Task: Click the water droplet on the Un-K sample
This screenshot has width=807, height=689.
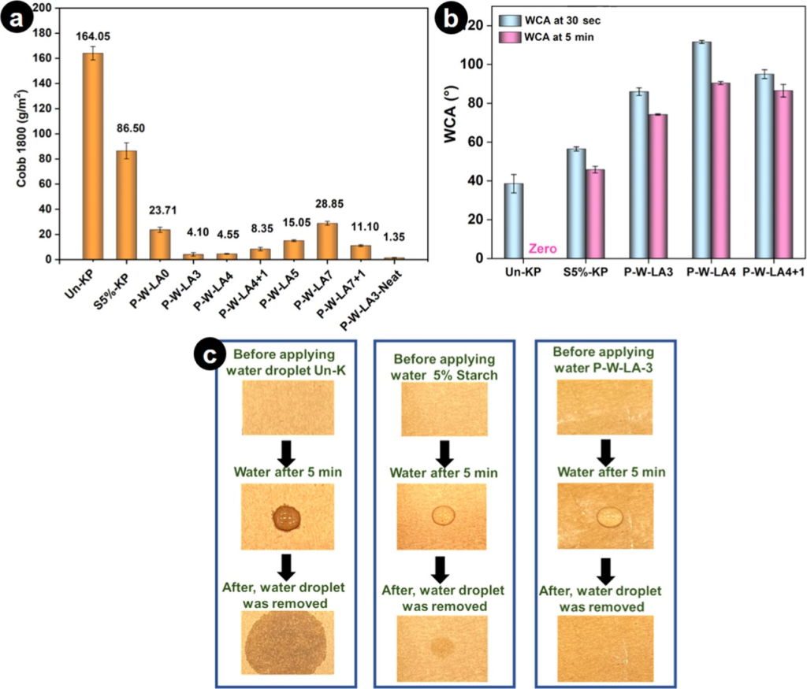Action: [x=285, y=517]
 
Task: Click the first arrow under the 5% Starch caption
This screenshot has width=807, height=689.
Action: [x=444, y=452]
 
